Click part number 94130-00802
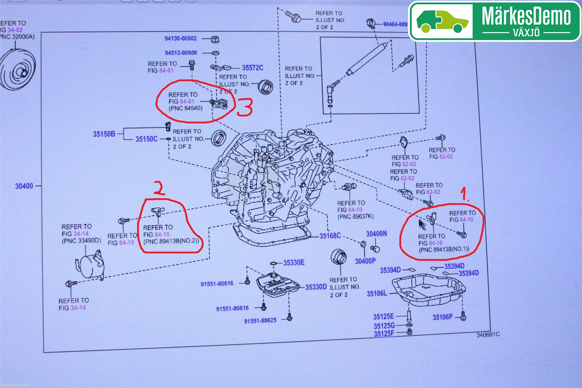181,38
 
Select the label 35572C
252,68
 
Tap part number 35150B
104,134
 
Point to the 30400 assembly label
24,186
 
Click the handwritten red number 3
245,107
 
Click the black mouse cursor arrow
422,225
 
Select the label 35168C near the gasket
330,236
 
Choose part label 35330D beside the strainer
316,287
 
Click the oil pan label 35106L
377,293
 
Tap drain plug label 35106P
442,317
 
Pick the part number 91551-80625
260,321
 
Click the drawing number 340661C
488,335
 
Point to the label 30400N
376,234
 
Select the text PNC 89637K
356,217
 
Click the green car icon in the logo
442,21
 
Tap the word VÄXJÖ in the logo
526,32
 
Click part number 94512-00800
181,53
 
